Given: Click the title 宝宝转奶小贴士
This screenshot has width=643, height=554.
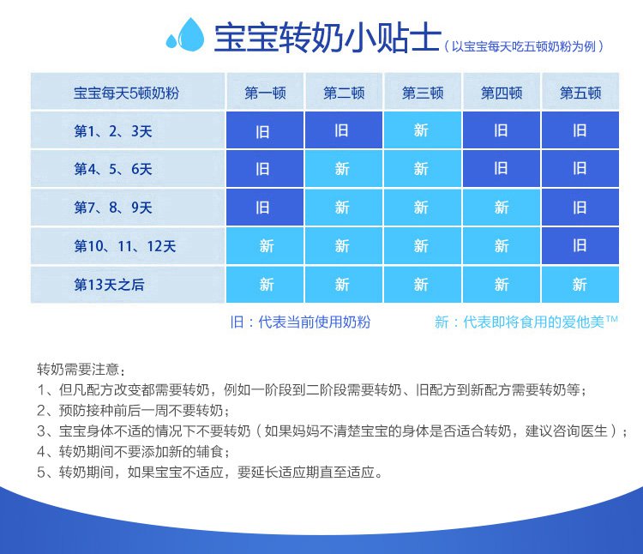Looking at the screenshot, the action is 328,38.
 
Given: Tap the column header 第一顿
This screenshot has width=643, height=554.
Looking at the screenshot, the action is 265,92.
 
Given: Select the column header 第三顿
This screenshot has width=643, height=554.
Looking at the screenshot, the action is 423,92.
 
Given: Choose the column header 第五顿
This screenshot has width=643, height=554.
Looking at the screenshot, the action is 580,92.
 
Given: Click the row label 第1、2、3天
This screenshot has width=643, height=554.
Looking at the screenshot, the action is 113,131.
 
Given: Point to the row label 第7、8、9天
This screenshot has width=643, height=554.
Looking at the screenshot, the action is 113,208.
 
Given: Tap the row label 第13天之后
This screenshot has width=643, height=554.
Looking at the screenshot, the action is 109,284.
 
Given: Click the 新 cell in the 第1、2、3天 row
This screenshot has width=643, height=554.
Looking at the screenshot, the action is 423,130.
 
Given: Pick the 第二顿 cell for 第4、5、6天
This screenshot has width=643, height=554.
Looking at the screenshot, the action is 344,169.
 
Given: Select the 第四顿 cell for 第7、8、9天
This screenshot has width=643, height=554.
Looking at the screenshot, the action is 502,207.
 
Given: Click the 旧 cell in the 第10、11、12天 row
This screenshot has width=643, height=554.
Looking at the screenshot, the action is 580,245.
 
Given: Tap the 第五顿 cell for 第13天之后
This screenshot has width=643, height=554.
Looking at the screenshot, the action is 580,284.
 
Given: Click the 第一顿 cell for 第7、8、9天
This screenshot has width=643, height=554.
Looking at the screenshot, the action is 265,207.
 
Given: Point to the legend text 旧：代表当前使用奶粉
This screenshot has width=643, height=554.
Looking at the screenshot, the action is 300,322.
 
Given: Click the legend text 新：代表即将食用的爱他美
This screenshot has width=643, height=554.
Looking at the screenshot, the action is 526,322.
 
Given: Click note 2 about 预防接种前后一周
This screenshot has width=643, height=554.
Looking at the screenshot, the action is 134,410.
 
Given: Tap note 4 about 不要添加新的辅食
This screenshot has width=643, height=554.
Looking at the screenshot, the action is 134,451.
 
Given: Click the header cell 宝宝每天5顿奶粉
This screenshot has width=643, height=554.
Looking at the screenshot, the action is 127,93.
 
